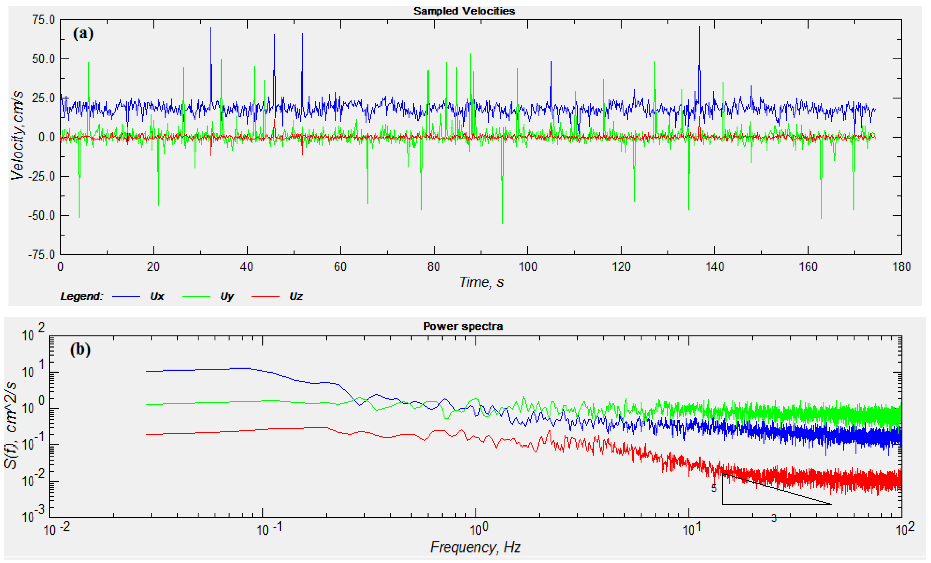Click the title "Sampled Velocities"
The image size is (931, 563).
point(464,11)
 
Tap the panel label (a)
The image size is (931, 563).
point(83,34)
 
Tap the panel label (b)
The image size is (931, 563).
point(80,350)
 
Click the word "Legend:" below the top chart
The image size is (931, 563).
point(81,296)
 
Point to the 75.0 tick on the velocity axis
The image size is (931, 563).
point(43,20)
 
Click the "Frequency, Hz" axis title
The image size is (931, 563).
point(475,547)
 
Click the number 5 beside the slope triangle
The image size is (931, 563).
point(713,488)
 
